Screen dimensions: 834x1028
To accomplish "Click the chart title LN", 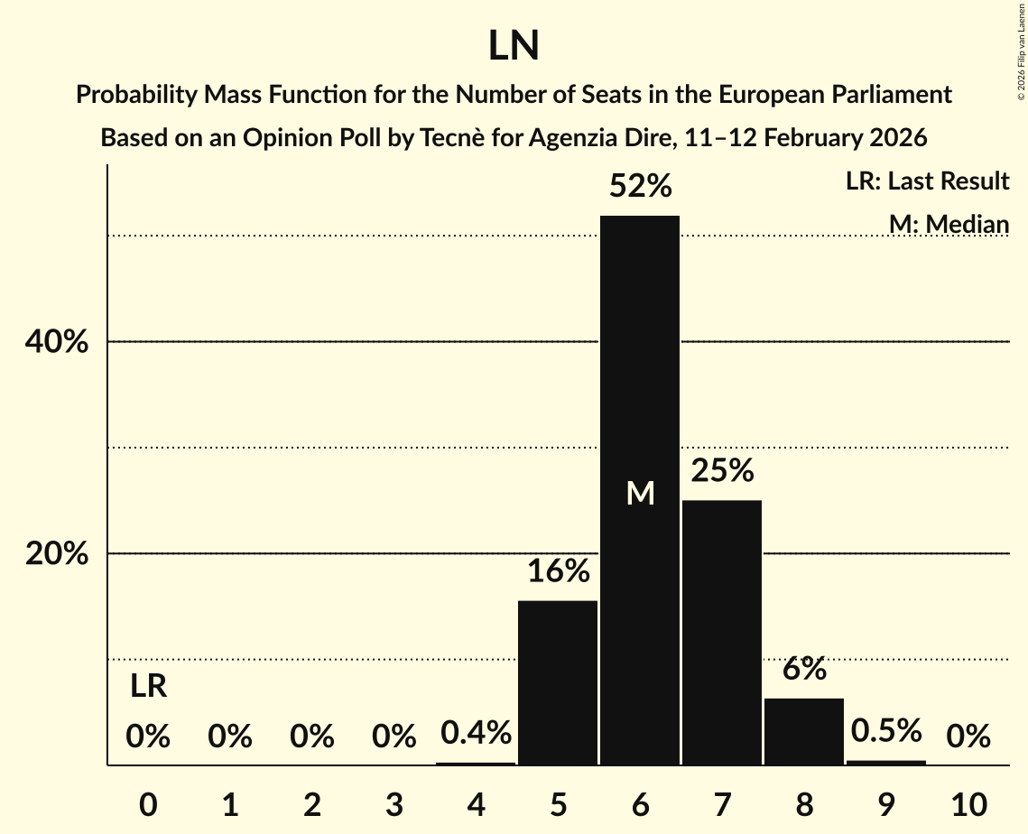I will (514, 46).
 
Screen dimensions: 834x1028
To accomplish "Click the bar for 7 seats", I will (722, 632).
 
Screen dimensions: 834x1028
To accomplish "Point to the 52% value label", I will (640, 187).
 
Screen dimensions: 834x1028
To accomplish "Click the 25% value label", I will (722, 471).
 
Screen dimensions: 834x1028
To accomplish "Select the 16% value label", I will (558, 571).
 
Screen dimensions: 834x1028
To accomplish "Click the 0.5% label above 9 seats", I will (886, 731).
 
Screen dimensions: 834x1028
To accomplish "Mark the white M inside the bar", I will (640, 494).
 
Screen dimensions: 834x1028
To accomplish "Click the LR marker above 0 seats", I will (148, 687).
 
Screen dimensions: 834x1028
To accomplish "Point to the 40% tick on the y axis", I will (56, 342).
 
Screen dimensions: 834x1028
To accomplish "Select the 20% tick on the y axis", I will (56, 553).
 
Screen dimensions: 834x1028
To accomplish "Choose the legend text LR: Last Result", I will (927, 181).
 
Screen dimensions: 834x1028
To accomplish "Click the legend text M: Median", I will (948, 224).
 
